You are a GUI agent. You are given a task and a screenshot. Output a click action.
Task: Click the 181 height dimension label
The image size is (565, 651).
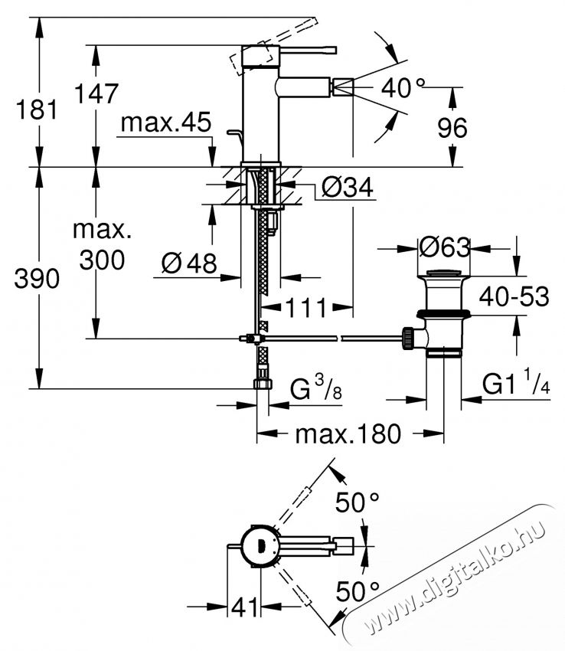(38, 110)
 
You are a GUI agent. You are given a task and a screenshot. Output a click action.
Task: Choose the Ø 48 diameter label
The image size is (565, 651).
(189, 263)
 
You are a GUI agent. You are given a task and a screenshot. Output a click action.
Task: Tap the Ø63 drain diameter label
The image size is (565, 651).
(444, 247)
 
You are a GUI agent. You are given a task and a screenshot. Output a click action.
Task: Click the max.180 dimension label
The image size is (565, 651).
(348, 435)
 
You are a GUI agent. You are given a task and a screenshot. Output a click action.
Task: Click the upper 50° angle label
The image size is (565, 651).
(358, 504)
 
